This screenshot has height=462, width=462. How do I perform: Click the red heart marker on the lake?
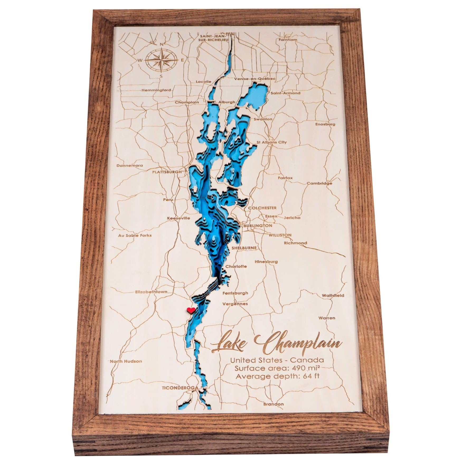click(191, 310)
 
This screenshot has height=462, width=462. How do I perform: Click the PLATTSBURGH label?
click(167, 172)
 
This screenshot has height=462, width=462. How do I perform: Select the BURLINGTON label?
click(258, 226)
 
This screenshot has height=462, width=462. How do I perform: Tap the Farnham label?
click(288, 40)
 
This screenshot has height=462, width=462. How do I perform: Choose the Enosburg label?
click(325, 124)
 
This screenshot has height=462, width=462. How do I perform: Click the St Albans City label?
click(271, 142)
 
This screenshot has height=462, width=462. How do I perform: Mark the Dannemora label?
click(130, 166)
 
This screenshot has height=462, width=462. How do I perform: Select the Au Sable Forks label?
click(135, 235)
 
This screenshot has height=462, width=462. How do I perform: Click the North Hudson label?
click(126, 361)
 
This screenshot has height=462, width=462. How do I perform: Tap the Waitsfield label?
click(333, 296)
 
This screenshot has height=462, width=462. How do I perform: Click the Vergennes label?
click(235, 304)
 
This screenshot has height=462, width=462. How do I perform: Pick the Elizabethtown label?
click(151, 292)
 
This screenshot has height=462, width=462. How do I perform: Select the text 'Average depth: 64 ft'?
click(277, 376)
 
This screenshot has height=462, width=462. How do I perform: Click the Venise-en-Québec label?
click(251, 79)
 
